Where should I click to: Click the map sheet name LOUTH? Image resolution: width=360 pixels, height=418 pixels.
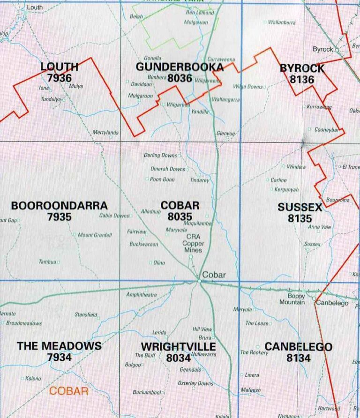pyautogui.click(x=59, y=67)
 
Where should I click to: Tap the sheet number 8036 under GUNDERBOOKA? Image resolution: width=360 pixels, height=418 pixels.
pyautogui.click(x=180, y=78)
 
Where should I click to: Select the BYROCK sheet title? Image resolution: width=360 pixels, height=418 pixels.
pyautogui.click(x=302, y=68)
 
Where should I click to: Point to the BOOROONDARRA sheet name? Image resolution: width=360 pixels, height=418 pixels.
pyautogui.click(x=59, y=206)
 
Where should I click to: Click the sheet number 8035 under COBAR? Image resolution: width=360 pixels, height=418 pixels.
pyautogui.click(x=180, y=216)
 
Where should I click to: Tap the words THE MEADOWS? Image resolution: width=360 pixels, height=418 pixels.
pyautogui.click(x=59, y=346)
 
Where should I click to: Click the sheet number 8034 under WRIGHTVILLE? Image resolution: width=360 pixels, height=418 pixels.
pyautogui.click(x=178, y=358)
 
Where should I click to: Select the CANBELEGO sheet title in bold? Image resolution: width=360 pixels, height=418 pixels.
pyautogui.click(x=299, y=347)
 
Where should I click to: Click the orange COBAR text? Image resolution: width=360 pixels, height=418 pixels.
pyautogui.click(x=69, y=391)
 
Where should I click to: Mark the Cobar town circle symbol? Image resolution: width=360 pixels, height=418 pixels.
pyautogui.click(x=200, y=281)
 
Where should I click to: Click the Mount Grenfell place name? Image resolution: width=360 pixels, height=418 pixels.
pyautogui.click(x=95, y=235)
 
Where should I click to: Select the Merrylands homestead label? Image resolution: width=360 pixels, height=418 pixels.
pyautogui.click(x=105, y=133)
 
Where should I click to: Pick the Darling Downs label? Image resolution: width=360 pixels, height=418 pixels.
pyautogui.click(x=160, y=155)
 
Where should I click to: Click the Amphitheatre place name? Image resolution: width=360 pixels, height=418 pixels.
pyautogui.click(x=142, y=295)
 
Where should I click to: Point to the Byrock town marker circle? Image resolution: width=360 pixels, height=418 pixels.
pyautogui.click(x=337, y=49)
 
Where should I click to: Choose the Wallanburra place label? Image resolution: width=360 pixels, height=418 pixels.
pyautogui.click(x=282, y=22)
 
